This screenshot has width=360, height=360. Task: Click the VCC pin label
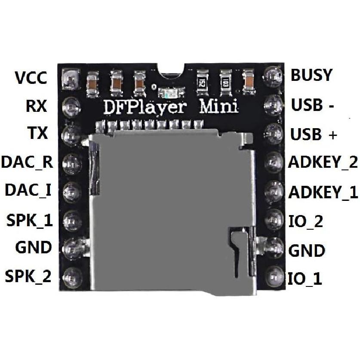point(31,78)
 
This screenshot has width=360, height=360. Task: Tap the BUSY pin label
point(311,75)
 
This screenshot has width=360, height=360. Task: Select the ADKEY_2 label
point(323,163)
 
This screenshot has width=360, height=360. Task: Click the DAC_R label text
point(27,162)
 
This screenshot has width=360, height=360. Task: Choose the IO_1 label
point(305,279)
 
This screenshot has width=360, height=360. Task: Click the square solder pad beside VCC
point(71,78)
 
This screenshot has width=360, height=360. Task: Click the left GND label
point(33,247)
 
